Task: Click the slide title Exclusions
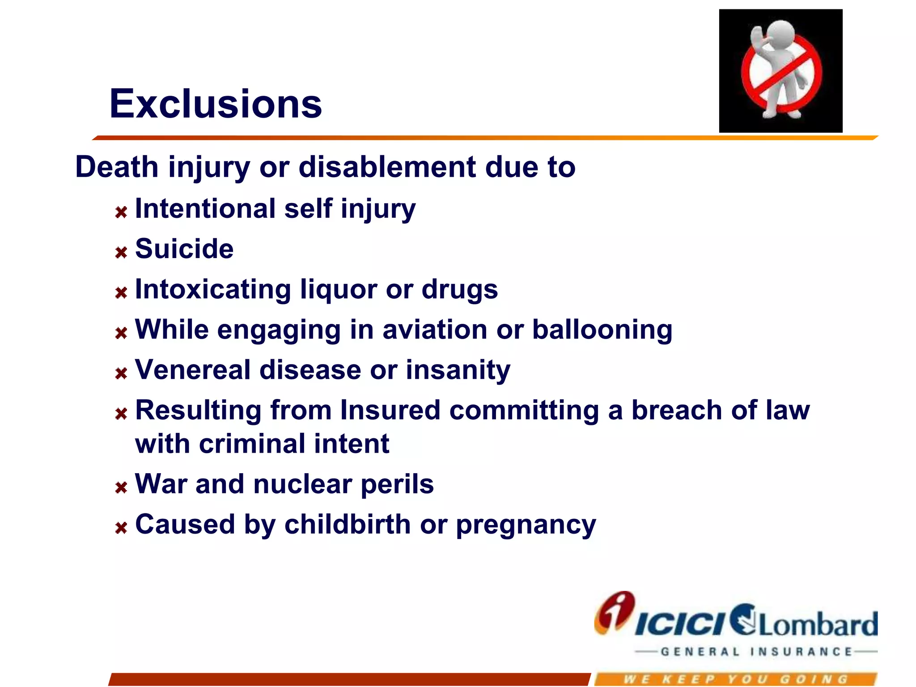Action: (216, 104)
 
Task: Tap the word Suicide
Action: (184, 249)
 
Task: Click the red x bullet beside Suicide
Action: (121, 253)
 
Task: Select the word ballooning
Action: (602, 330)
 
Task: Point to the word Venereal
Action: (193, 370)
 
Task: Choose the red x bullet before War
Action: (121, 488)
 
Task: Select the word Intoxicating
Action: (213, 289)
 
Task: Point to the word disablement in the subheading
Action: (387, 167)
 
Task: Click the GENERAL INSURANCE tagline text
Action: (756, 652)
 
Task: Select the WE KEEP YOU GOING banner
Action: (736, 679)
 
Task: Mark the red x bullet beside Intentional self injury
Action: (121, 212)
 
